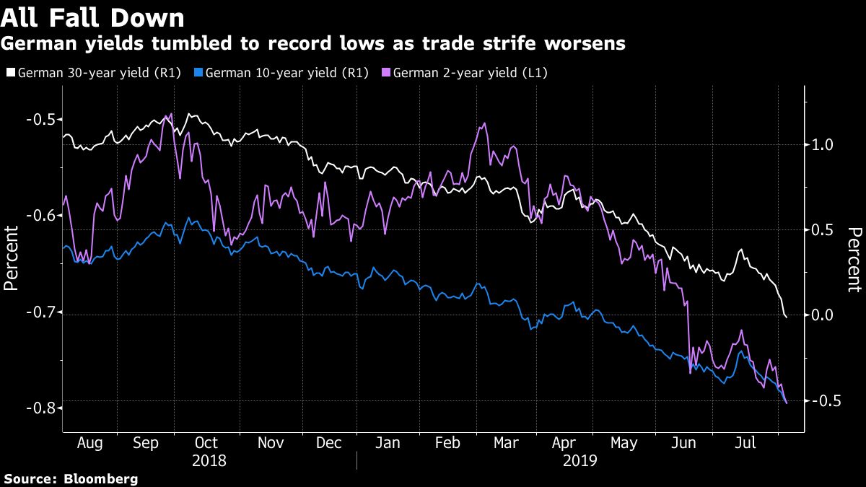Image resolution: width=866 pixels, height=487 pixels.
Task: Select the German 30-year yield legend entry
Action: (x=94, y=72)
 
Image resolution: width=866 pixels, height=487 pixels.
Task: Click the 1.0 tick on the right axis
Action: (x=822, y=145)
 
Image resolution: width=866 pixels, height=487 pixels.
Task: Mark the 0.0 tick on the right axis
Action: (x=822, y=315)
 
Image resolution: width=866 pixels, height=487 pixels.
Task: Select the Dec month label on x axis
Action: (x=328, y=443)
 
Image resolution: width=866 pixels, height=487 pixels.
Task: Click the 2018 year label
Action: (x=209, y=460)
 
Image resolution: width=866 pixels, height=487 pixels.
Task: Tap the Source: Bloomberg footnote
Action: (x=70, y=478)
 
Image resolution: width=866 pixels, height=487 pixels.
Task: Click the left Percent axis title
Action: (x=12, y=258)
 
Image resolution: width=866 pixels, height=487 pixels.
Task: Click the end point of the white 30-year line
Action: (x=786, y=315)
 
